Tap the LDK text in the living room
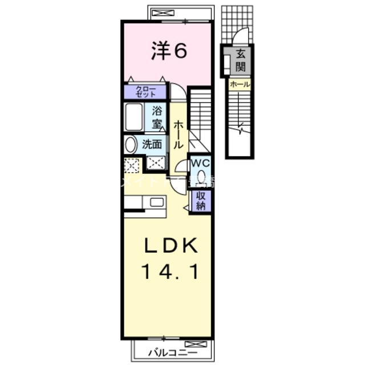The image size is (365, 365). point(170,248)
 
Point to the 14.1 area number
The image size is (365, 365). point(170,273)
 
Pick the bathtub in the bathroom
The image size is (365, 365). point(134,117)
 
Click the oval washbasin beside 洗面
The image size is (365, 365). point(131,144)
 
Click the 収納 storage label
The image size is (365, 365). point(201,201)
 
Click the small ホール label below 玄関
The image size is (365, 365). point(239,84)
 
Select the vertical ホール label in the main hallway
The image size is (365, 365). point(179,135)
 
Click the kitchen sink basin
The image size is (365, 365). point(156,201)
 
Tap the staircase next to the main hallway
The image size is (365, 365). point(200,117)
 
